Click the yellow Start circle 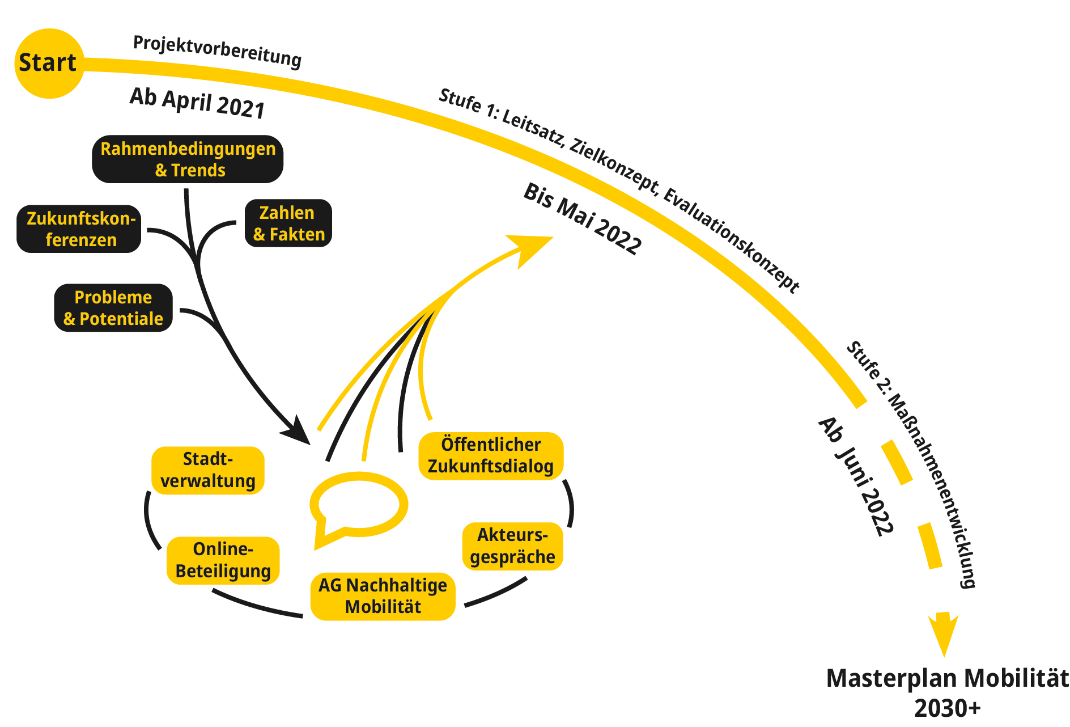point(49,63)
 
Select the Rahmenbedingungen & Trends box point(188,159)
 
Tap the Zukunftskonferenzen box point(79,229)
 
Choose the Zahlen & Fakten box point(288,223)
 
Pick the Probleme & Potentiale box point(113,308)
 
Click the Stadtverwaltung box point(208,470)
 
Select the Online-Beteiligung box point(223,560)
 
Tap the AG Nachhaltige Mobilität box point(383,596)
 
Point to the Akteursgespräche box point(512,546)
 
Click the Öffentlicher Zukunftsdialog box point(491,456)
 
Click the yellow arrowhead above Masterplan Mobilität point(944,632)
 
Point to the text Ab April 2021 point(197,103)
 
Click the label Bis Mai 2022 point(582,218)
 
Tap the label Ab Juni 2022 point(856,476)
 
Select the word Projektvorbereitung point(217,50)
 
